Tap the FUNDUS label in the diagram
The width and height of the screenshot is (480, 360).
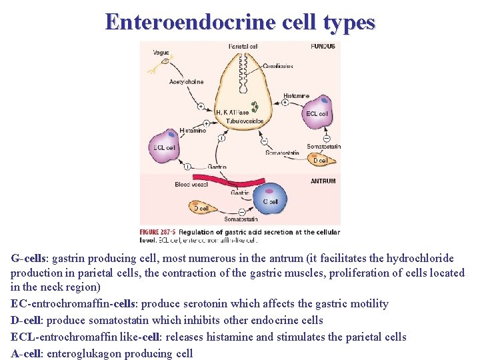pos(323,47)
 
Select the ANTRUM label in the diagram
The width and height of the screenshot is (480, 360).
pos(323,181)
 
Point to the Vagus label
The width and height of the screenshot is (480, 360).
pos(161,53)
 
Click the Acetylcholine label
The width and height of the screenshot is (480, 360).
pos(186,82)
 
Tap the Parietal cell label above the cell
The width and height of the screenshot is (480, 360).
pos(243,47)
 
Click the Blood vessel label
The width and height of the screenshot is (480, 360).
pos(191,185)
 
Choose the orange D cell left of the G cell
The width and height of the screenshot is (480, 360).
pos(201,208)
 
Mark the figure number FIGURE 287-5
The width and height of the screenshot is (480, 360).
pos(158,233)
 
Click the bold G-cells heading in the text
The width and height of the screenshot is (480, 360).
pos(29,257)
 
